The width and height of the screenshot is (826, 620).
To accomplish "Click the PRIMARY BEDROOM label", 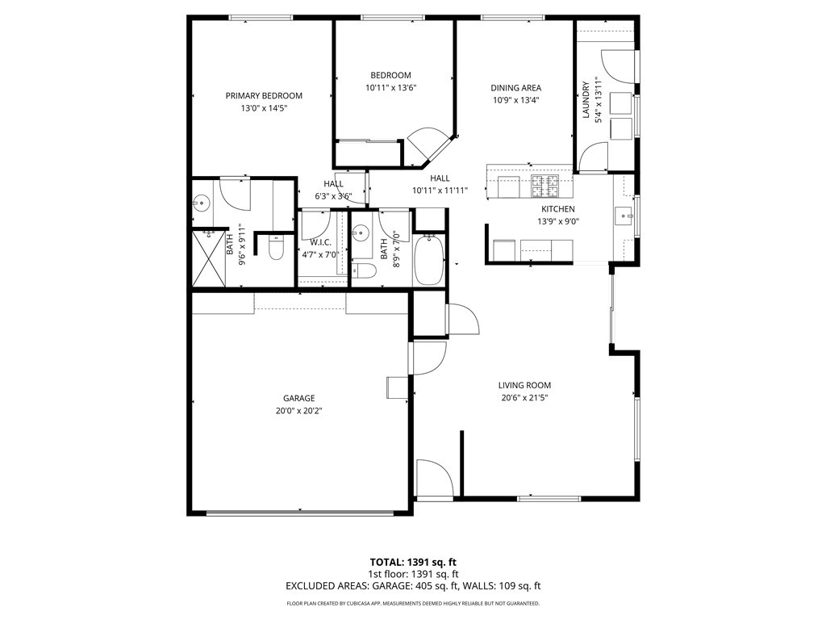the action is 264,95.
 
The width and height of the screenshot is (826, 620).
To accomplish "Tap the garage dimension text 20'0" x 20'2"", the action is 298,411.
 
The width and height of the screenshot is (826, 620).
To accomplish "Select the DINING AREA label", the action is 515,88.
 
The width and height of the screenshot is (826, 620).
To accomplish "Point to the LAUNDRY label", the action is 586,99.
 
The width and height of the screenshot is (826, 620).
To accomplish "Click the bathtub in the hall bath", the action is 429,260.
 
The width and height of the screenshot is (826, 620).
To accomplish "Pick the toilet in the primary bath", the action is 276,248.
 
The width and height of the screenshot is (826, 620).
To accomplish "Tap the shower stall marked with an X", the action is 208,258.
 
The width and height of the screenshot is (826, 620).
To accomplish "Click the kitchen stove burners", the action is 544,186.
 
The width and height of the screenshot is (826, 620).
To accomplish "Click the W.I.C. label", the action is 320,242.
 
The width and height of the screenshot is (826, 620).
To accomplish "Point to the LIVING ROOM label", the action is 524,385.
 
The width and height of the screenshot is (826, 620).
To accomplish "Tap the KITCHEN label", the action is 558,209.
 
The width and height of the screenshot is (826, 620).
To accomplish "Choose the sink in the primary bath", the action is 201,202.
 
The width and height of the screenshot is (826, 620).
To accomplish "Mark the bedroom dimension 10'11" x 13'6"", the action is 391,88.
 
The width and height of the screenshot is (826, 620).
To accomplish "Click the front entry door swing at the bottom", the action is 435,477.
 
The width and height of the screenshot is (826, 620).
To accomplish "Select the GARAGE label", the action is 298,398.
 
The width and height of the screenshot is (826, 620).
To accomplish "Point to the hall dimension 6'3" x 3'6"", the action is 333,196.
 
